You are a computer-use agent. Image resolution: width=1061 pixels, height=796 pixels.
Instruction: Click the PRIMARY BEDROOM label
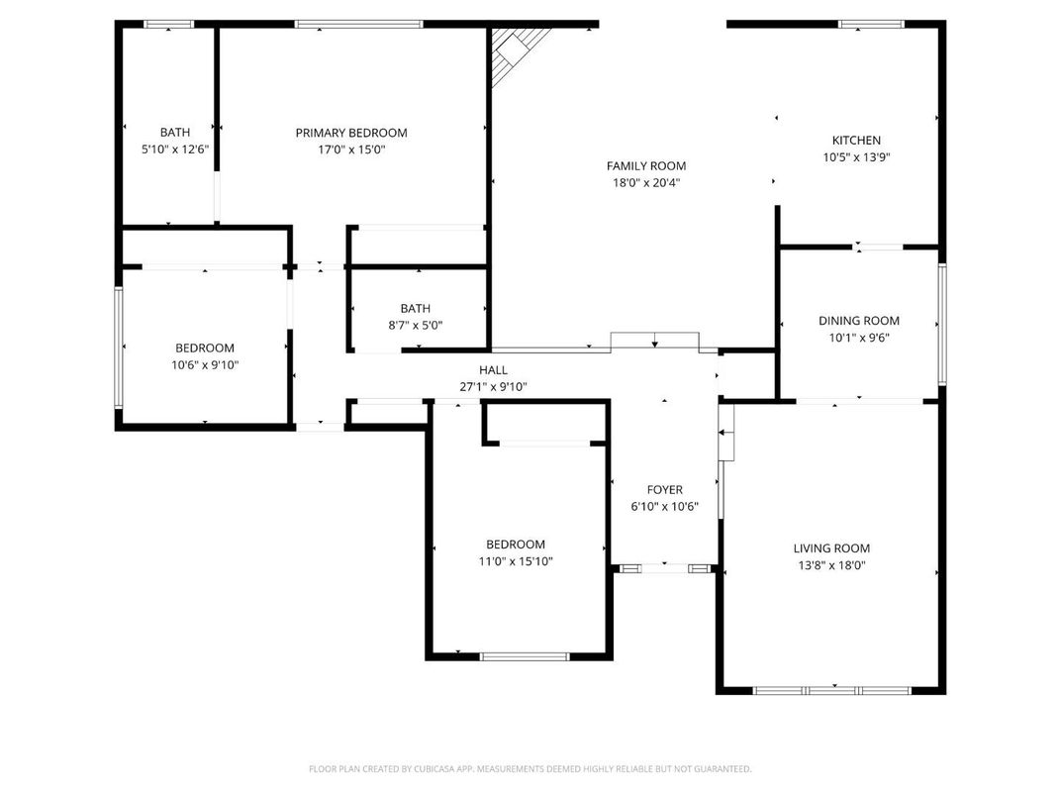tap(351, 133)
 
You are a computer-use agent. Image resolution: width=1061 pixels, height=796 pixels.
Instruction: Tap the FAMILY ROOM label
tap(646, 166)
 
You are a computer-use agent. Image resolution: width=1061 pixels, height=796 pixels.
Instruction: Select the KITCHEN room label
tap(855, 141)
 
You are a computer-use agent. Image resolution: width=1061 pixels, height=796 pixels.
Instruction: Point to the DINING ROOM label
tap(858, 321)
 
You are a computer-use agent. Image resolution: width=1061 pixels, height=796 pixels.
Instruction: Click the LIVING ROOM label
tap(831, 548)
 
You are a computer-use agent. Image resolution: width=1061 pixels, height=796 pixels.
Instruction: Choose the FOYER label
tap(664, 490)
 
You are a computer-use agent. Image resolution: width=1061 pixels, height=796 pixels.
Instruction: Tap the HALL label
tap(493, 369)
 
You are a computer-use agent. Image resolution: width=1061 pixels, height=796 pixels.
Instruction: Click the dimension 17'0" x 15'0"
tap(351, 150)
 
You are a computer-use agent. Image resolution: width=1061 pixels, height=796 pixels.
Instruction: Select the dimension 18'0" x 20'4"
tap(646, 183)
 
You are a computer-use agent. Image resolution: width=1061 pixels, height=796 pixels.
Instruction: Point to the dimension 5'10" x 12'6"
tap(175, 149)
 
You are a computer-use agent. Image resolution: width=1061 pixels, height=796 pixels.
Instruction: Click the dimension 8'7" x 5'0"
tap(416, 325)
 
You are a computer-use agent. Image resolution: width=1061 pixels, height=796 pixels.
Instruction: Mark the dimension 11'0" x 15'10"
tap(515, 561)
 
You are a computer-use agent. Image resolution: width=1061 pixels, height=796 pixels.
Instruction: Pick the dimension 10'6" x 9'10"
tap(205, 365)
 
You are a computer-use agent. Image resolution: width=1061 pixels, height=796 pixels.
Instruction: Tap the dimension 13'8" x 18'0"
tap(831, 565)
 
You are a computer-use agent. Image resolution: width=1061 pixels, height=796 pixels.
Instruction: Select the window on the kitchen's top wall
tap(871, 24)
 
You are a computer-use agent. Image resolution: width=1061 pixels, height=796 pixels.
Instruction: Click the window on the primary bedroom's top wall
tap(358, 24)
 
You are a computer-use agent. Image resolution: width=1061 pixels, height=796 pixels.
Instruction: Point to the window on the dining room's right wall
tap(942, 323)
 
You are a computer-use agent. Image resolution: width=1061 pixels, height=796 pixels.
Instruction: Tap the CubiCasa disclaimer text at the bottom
tap(530, 768)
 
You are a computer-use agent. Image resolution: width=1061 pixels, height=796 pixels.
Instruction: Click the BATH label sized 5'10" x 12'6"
tap(175, 133)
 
